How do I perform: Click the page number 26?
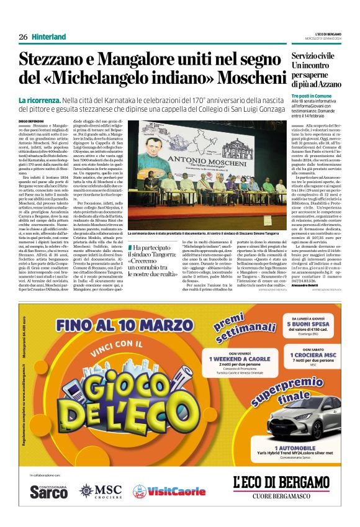[23, 37]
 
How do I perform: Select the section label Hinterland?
[49, 37]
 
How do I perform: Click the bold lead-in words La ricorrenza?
[39, 101]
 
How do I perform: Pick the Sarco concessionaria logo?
[49, 491]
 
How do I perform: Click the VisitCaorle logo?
[169, 491]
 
